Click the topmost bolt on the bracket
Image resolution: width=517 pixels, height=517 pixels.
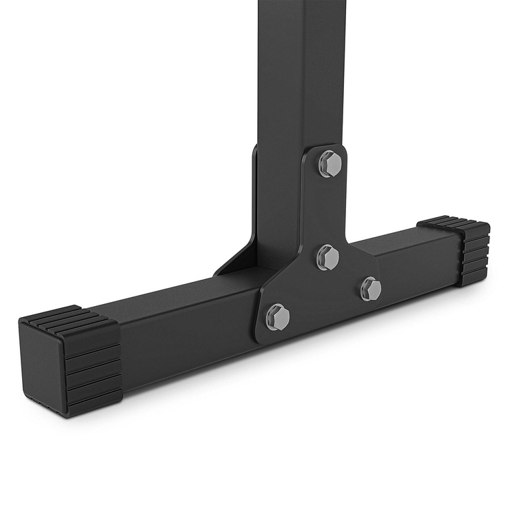330,163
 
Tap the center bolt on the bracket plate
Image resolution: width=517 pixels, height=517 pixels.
328,257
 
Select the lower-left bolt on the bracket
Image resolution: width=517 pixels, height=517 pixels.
278,316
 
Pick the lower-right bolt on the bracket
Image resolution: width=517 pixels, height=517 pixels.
371,288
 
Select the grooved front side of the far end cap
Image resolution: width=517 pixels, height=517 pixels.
476,255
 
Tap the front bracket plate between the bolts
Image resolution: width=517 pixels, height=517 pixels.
324,290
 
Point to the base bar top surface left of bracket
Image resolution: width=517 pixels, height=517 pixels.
179,296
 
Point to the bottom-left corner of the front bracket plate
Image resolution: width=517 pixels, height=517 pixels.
258,338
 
